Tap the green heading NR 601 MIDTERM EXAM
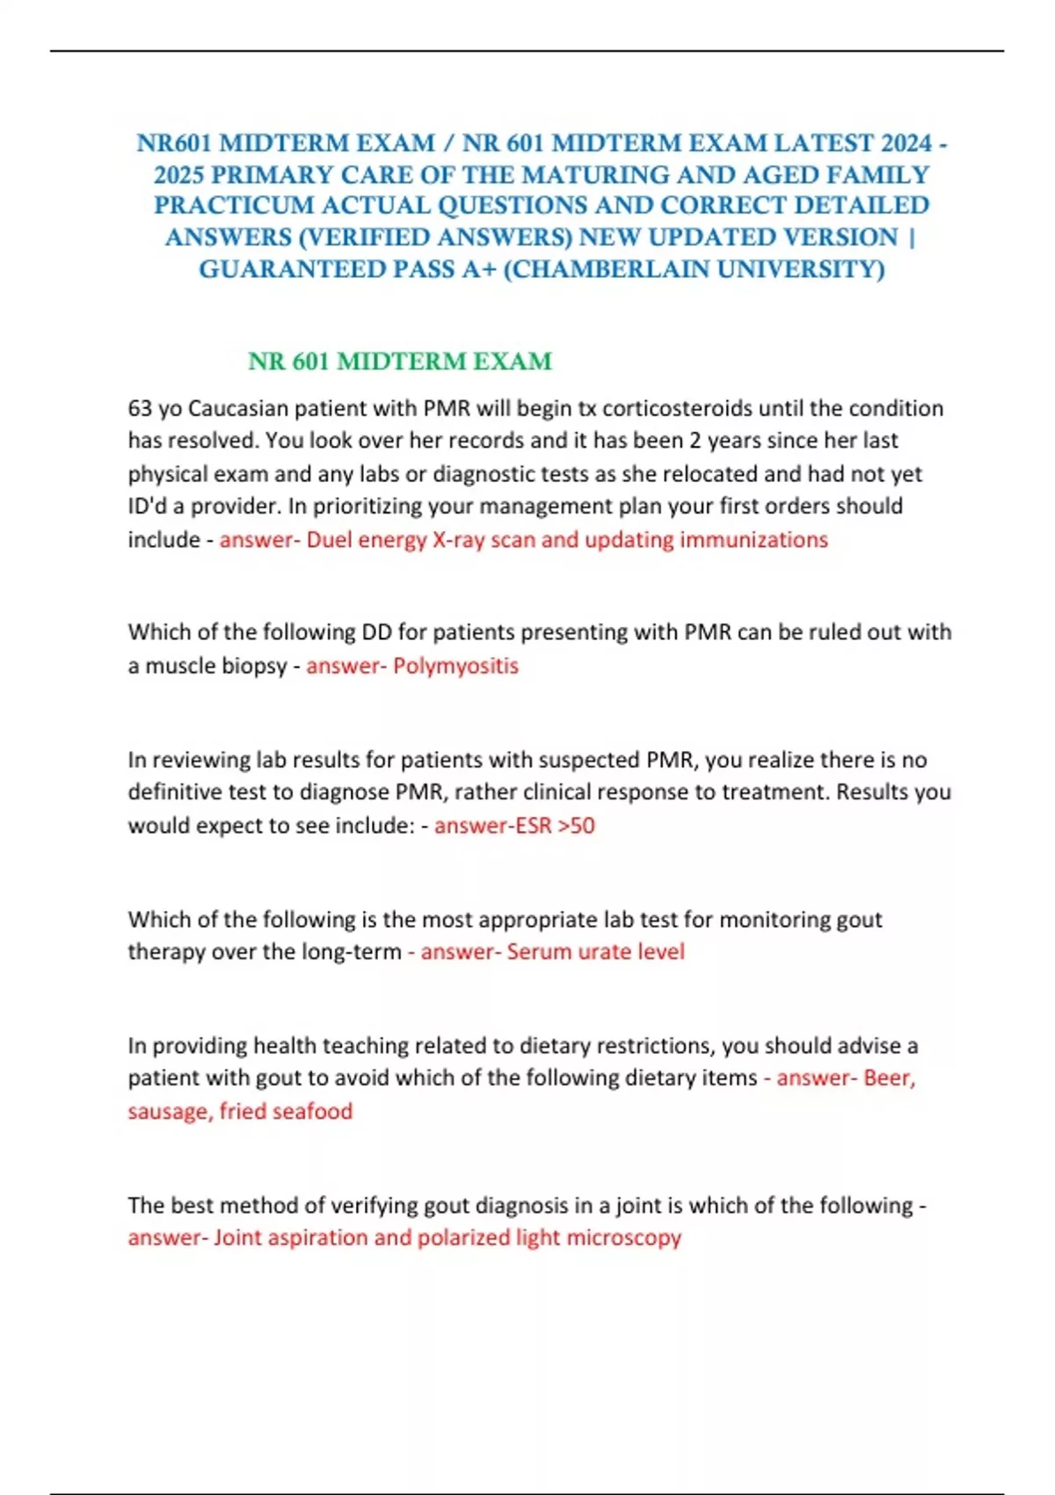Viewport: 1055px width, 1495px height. (x=400, y=361)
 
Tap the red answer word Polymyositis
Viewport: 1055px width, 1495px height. (x=455, y=666)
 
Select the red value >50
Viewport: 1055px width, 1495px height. (x=576, y=826)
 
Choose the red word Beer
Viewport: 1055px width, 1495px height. (x=889, y=1078)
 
